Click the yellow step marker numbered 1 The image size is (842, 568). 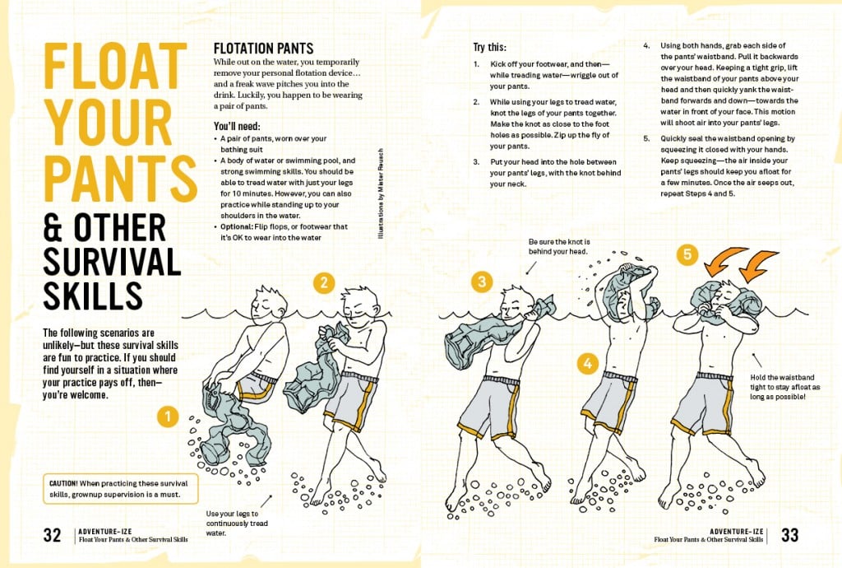click(168, 417)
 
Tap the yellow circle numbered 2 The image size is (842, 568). click(324, 282)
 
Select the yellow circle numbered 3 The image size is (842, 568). click(482, 281)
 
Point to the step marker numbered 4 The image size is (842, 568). click(587, 364)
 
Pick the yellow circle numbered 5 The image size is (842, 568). click(687, 254)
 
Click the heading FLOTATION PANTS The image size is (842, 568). click(263, 49)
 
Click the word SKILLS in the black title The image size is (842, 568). click(93, 296)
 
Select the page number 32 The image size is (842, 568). click(52, 535)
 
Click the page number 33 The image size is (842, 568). click(789, 535)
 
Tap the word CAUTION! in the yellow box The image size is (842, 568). click(63, 484)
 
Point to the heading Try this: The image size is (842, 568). click(489, 47)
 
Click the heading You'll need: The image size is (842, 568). click(237, 126)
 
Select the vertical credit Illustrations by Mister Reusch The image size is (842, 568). click(381, 193)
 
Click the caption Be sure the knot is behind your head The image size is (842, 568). click(559, 247)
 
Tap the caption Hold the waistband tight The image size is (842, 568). click(784, 387)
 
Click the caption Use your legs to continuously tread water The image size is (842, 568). click(237, 524)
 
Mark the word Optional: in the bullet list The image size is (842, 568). click(237, 226)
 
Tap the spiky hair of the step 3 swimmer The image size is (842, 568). click(516, 293)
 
